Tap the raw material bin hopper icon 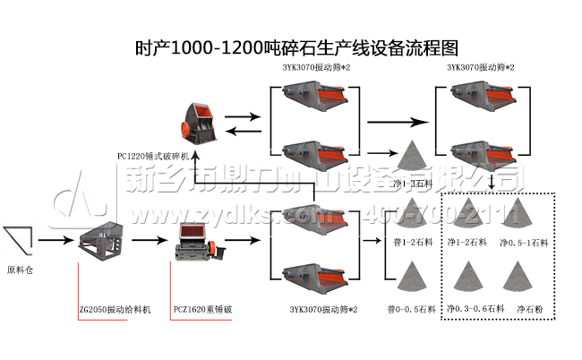click(19, 238)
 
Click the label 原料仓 click(20, 269)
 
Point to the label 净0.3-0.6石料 click(470, 308)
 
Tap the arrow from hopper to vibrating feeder click(53, 240)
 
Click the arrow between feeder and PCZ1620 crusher click(149, 240)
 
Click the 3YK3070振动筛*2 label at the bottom click(323, 309)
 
